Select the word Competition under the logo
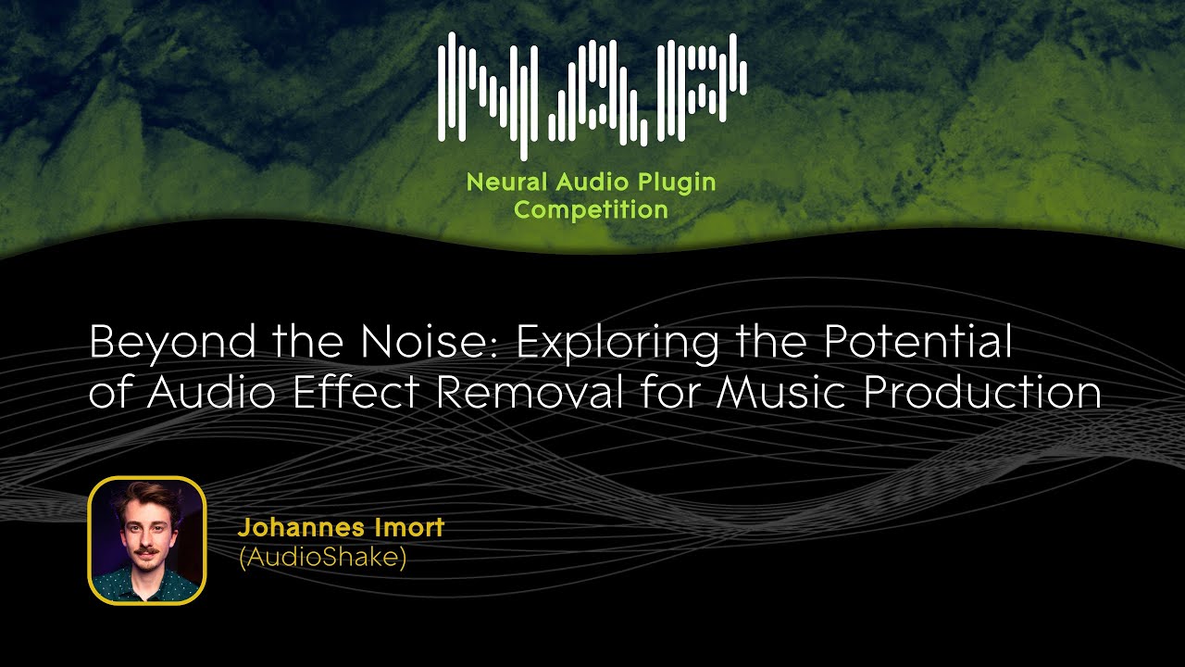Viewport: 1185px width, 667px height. pyautogui.click(x=591, y=209)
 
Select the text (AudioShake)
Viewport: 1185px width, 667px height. pyautogui.click(x=322, y=559)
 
